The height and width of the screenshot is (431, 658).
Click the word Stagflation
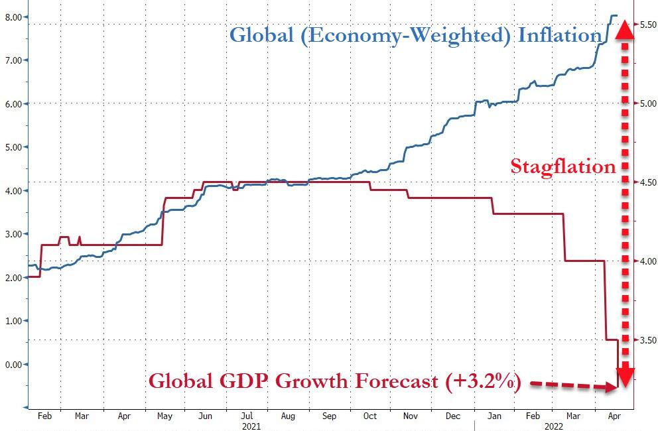pyautogui.click(x=562, y=166)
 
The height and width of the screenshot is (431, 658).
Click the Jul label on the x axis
pyautogui.click(x=247, y=416)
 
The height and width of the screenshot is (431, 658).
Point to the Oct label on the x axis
pyautogui.click(x=369, y=416)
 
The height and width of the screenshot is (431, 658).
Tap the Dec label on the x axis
pyautogui.click(x=453, y=416)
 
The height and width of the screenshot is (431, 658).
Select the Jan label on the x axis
pyautogui.click(x=494, y=416)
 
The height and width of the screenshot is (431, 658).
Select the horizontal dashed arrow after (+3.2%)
pyautogui.click(x=570, y=385)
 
